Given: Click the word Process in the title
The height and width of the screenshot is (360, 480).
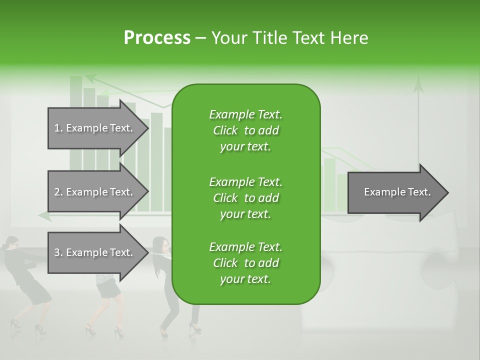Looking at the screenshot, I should (157, 38).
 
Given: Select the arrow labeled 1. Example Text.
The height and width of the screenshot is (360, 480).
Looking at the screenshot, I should (95, 128).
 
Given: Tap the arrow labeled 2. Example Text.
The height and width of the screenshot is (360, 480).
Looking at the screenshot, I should (95, 192).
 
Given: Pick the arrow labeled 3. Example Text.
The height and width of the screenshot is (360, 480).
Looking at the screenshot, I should (95, 252).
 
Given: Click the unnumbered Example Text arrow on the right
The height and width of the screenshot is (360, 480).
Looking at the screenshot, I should (395, 192).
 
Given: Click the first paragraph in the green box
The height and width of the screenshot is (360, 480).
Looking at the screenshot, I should (245, 130).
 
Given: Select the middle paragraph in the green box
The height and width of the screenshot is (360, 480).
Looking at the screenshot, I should (245, 197).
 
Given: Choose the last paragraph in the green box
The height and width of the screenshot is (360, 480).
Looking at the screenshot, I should (245, 263).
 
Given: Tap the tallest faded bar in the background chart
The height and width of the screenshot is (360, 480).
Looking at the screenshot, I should (76, 120).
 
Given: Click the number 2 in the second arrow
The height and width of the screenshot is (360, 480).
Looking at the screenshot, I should (57, 192).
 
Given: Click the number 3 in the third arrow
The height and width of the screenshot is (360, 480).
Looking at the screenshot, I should (57, 252).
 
